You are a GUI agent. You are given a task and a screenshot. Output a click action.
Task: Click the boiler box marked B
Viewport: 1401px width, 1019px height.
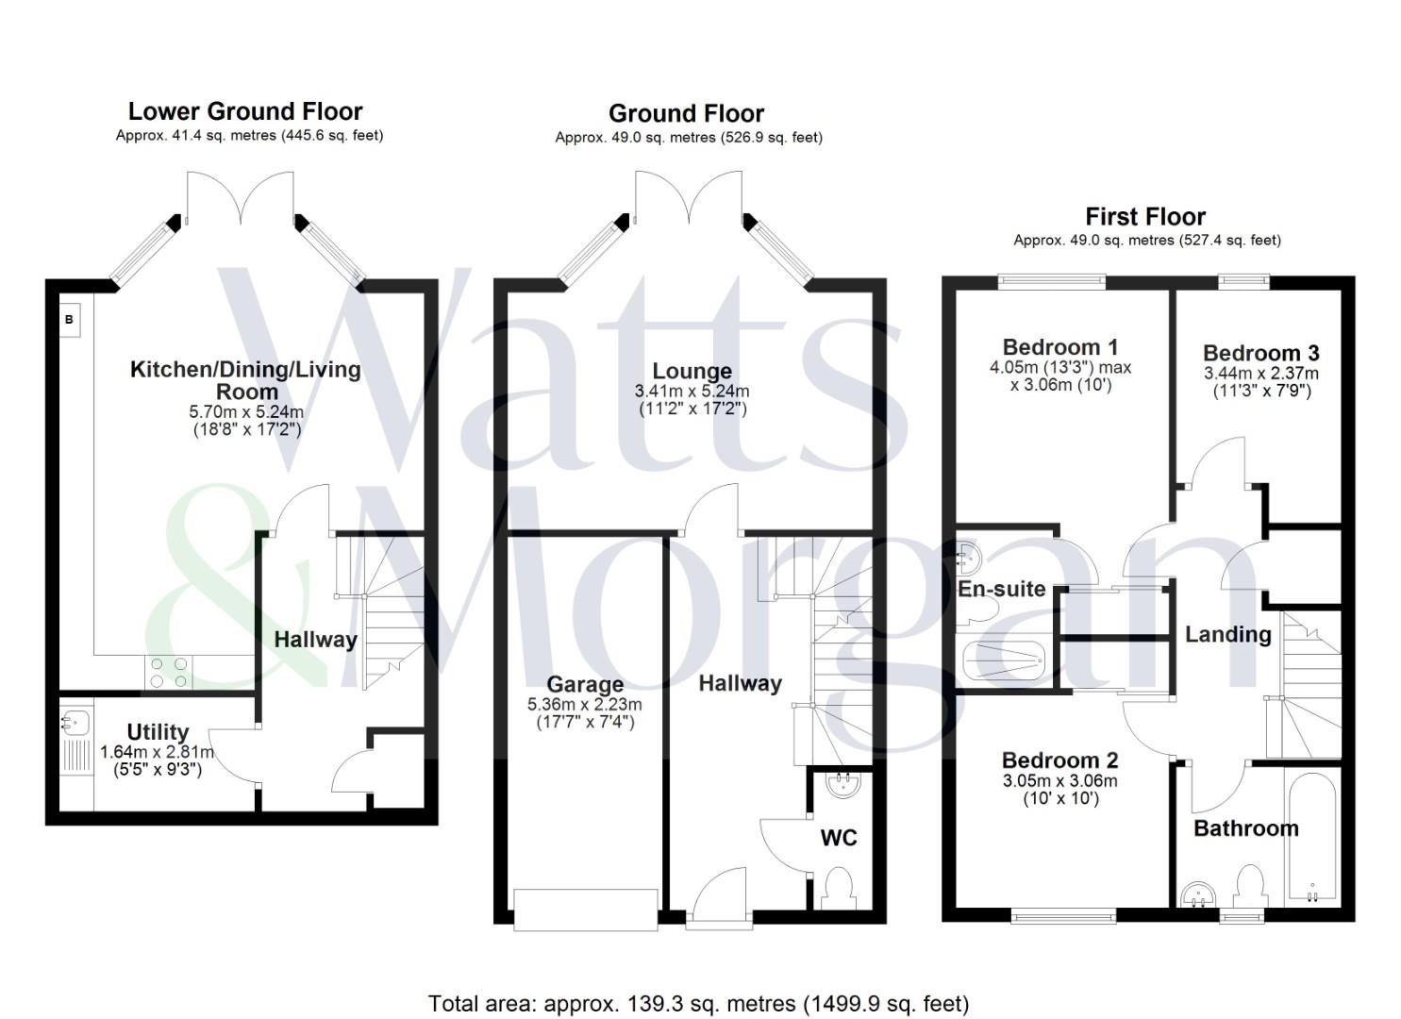point(70,320)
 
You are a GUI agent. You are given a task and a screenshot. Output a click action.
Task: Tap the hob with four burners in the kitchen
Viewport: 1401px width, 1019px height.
point(169,672)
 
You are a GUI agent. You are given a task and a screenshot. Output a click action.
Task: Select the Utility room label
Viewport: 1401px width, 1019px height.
point(158,732)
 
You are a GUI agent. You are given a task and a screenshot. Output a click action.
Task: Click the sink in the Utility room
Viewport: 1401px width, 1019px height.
point(75,724)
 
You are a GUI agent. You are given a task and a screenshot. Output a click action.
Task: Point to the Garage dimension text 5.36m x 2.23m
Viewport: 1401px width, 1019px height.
point(584,704)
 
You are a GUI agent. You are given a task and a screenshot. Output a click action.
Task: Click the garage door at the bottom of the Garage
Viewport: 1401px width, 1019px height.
point(586,909)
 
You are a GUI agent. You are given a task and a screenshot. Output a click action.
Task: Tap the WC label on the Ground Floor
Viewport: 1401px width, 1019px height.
point(839,838)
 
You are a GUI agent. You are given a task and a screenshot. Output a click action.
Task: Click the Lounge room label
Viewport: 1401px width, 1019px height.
point(692,371)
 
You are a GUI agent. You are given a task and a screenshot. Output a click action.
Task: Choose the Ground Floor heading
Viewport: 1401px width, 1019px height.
point(686,114)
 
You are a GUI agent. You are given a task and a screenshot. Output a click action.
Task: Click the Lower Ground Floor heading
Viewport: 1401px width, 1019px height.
point(245,111)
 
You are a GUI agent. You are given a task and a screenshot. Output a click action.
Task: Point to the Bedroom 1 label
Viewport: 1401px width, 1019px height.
point(1059,347)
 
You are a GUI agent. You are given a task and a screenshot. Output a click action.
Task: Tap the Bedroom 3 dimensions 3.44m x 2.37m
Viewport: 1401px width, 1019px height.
point(1261,374)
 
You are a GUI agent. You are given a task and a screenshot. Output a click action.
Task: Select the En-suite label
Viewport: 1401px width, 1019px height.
point(1001,589)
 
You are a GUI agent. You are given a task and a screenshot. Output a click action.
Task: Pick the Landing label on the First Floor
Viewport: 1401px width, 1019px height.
point(1227,634)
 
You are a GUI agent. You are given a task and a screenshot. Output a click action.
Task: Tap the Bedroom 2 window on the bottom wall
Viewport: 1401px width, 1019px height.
point(1062,914)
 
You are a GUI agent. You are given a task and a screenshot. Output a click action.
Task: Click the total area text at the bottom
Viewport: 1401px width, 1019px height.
point(699,1004)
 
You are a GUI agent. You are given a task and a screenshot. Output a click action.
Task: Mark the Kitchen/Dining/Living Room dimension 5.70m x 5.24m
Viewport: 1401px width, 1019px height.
point(246,412)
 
